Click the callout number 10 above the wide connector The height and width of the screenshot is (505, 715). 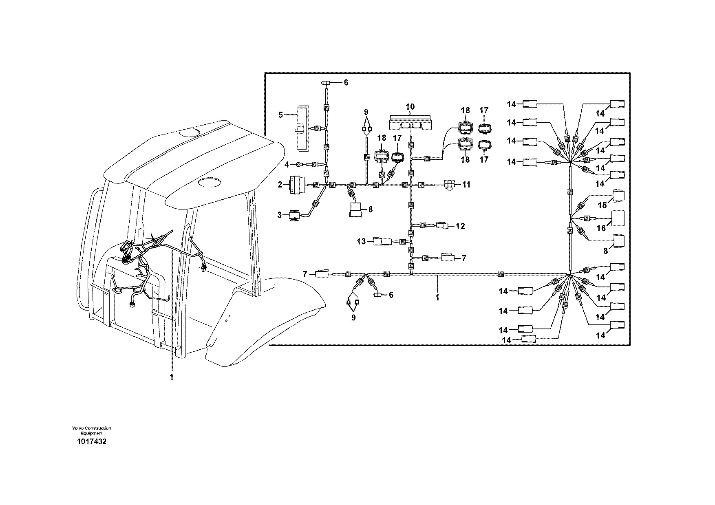point(410,107)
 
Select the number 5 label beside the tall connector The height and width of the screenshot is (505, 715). point(280,115)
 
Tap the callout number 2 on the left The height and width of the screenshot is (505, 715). point(280,185)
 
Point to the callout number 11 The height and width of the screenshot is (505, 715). point(466,185)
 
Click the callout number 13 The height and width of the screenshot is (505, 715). point(362,242)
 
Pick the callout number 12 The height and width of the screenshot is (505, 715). point(460,226)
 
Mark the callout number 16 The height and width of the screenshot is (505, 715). point(602,229)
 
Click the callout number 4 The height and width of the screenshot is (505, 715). point(287,165)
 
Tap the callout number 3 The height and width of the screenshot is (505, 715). point(280,215)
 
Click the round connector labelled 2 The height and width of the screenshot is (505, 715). point(296,185)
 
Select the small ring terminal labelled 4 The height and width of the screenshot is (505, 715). point(299,165)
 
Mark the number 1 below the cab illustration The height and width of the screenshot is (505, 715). point(172,377)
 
